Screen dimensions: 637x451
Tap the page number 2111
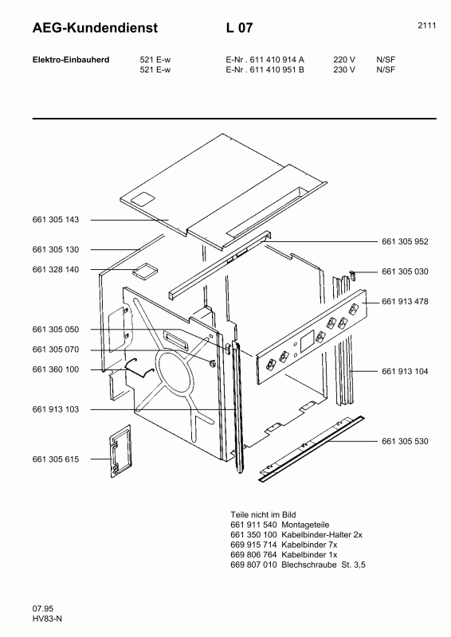point(426,25)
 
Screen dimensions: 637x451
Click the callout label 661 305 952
point(405,241)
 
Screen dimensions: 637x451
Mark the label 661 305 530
point(405,440)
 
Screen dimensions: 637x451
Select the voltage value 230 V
point(343,68)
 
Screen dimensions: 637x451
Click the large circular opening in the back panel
point(181,379)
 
